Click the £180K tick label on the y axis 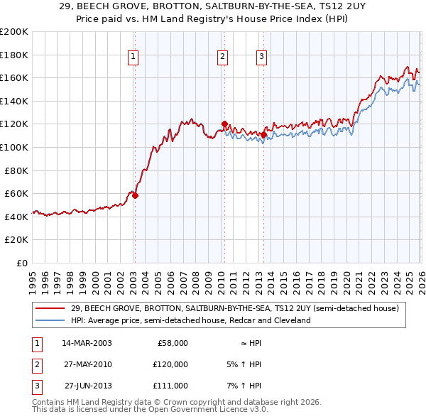coord(14,55)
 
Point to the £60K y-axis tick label coord(16,193)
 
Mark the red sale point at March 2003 coord(135,195)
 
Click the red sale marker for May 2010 coord(224,124)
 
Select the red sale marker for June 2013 coord(263,134)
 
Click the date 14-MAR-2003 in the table coord(87,343)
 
